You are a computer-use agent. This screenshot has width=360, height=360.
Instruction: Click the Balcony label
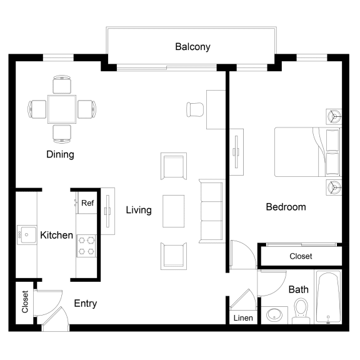[x=192, y=47]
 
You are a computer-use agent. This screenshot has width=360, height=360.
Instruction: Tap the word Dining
[x=60, y=154]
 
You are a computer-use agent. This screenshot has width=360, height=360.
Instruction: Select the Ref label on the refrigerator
[x=87, y=203]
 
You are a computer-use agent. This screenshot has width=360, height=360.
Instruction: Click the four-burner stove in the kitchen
[x=87, y=245]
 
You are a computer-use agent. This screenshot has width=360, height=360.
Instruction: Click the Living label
[x=139, y=210]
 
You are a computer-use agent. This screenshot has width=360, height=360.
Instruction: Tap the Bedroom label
[x=286, y=207]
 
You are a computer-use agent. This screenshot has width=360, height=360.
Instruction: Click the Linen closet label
[x=243, y=318]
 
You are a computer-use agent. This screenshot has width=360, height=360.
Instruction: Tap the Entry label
[x=85, y=304]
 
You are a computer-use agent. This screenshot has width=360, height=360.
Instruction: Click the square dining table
[x=62, y=109]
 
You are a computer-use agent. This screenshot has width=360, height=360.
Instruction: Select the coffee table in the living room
[x=173, y=212]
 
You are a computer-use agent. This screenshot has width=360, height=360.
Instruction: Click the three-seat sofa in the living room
[x=211, y=211]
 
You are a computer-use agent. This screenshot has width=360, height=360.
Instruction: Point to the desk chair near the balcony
[x=195, y=109]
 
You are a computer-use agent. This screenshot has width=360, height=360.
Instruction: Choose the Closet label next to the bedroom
[x=301, y=256]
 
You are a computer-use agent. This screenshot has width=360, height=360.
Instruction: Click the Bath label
[x=298, y=289]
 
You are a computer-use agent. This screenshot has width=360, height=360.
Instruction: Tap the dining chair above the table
[x=62, y=84]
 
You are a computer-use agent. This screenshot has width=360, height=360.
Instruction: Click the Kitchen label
[x=56, y=236]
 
